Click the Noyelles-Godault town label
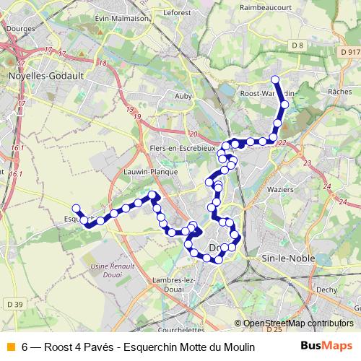(38, 74)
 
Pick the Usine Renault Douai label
(108, 269)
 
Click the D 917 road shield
(349, 51)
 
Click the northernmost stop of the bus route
(274, 79)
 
